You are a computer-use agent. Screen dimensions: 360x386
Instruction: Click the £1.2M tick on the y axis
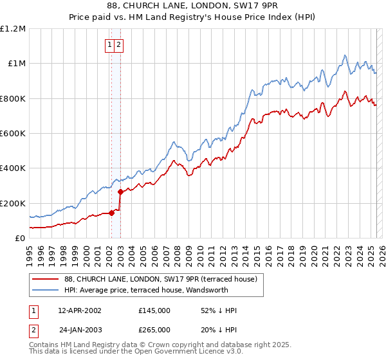click(x=13, y=29)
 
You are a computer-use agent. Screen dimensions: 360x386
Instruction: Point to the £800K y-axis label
click(x=13, y=98)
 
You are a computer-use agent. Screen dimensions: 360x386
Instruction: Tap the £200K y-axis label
click(x=13, y=203)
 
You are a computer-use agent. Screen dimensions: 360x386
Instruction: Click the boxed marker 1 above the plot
click(x=110, y=45)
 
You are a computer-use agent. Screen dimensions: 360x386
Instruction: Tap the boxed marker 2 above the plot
click(x=120, y=45)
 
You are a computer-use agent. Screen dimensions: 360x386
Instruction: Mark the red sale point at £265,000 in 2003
click(x=120, y=192)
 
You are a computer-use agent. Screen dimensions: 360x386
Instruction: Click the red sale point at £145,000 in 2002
click(x=111, y=213)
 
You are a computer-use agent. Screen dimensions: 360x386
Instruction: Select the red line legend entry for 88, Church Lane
click(x=160, y=279)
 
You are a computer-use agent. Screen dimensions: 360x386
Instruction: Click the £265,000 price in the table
click(x=154, y=332)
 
